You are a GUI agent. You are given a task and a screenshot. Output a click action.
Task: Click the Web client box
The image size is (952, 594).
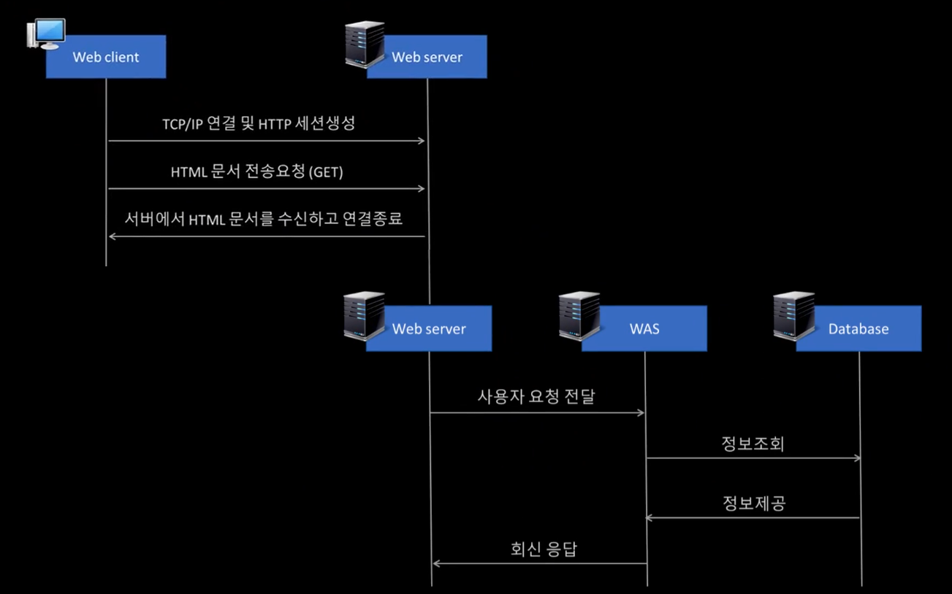[x=106, y=57]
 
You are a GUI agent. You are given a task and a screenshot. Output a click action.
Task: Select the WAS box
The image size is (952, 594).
[x=644, y=329]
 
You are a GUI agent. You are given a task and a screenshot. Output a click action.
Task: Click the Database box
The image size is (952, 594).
[x=858, y=329]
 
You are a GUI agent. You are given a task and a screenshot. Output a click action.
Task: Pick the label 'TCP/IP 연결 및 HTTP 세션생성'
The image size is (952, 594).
[x=259, y=123]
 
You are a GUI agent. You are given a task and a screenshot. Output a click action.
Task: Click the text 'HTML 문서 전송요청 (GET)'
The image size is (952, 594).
[x=256, y=172]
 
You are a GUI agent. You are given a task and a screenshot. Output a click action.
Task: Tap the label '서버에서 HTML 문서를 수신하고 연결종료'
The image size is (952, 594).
[x=264, y=218]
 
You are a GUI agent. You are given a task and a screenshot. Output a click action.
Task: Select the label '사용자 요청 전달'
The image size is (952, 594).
[x=536, y=396]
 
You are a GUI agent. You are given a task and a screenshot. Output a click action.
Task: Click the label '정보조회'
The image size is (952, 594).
[x=753, y=444]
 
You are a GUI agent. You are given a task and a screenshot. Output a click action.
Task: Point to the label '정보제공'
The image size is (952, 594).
[x=753, y=503]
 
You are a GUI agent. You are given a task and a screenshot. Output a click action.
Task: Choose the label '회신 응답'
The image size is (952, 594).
[x=543, y=549]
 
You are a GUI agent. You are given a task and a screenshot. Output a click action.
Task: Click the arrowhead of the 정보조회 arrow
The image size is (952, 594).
[x=857, y=458]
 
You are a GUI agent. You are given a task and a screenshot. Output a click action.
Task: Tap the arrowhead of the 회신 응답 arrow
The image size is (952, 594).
[x=436, y=563]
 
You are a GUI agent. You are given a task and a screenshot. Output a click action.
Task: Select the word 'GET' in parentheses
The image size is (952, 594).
[x=326, y=173]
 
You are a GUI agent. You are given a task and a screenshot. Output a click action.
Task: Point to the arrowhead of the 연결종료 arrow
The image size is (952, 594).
[x=113, y=236]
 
